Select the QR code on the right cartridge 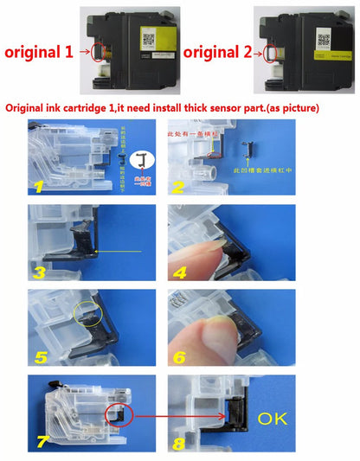tap(322, 39)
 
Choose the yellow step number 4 tap(177, 272)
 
